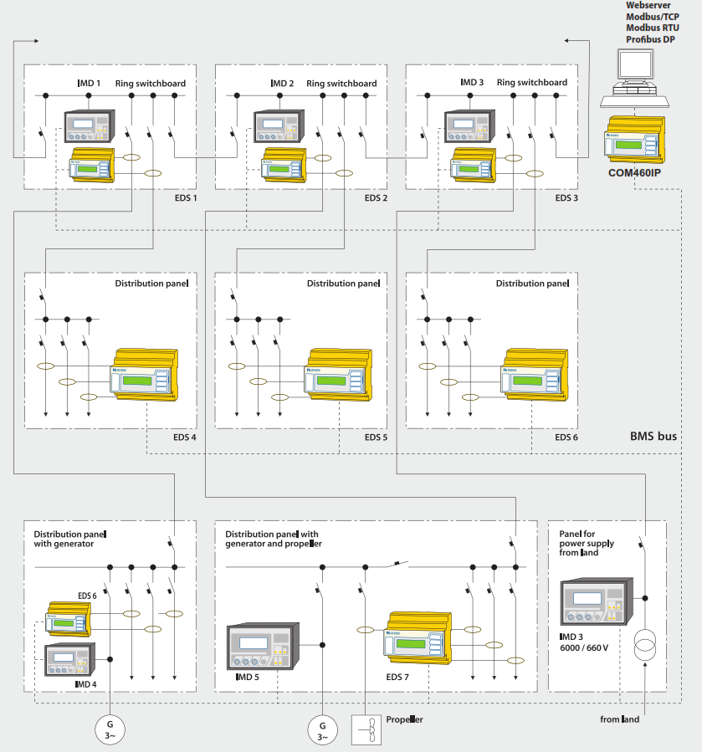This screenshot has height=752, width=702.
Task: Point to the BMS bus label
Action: click(x=653, y=436)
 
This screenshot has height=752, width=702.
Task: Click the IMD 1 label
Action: click(x=88, y=84)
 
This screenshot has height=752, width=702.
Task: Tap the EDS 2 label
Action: click(x=376, y=198)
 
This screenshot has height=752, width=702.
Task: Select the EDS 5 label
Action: click(x=376, y=437)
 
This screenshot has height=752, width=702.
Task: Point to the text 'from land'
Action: click(x=620, y=719)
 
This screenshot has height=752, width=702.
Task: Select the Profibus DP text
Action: click(x=651, y=39)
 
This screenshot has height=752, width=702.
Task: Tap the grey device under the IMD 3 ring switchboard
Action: click(x=467, y=127)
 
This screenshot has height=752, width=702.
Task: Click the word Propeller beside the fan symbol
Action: click(x=404, y=719)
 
